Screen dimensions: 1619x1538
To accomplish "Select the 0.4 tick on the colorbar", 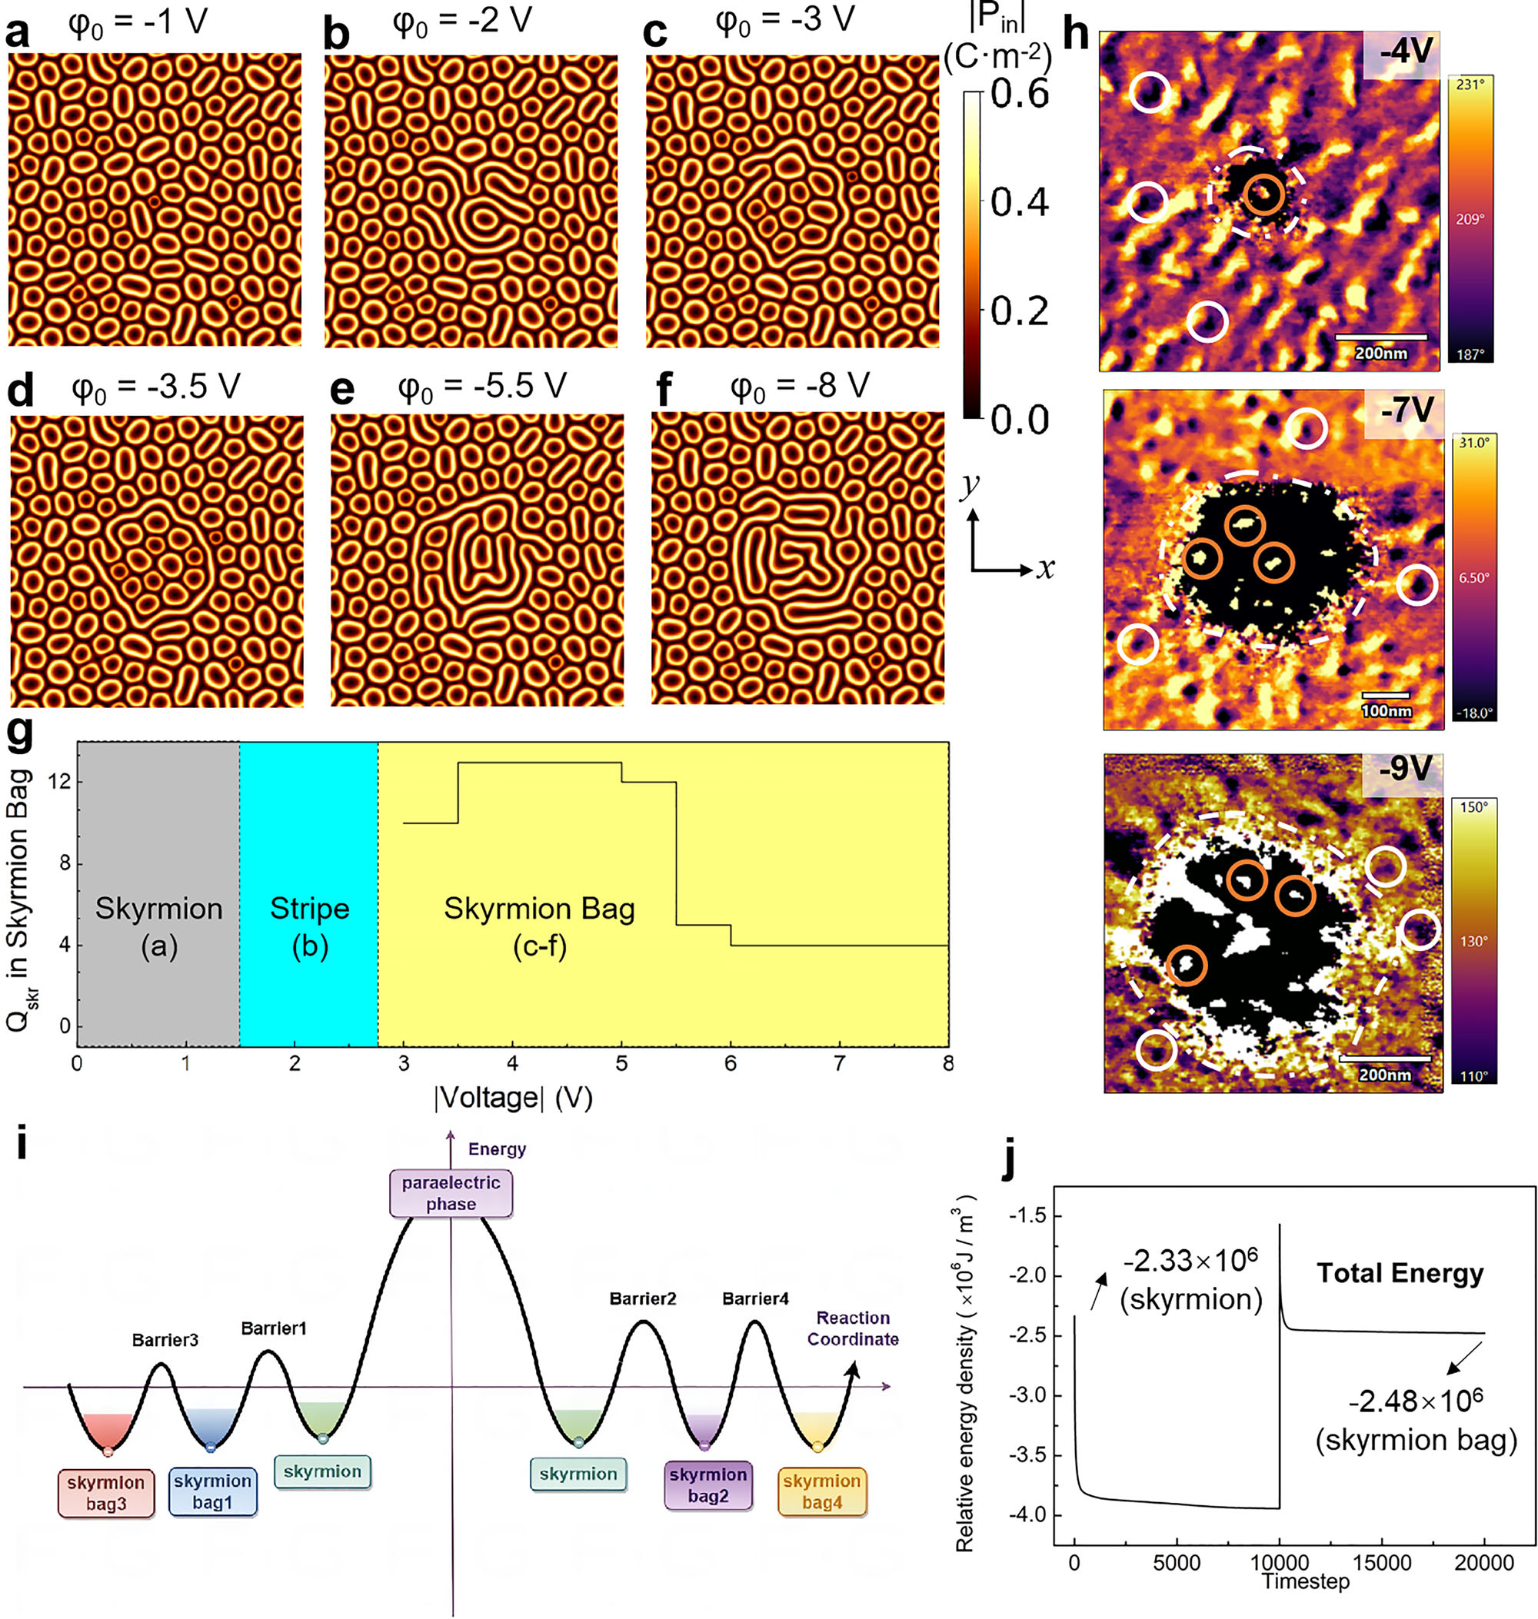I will [x=1019, y=201].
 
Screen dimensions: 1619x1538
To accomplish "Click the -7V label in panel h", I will [x=1407, y=410].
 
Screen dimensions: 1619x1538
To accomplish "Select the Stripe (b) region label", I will [x=310, y=926].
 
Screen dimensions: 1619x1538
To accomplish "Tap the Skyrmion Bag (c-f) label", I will [x=539, y=926].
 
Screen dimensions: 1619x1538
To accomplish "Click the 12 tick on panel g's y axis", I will [x=60, y=781].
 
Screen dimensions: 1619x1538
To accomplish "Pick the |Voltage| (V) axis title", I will [x=513, y=1097].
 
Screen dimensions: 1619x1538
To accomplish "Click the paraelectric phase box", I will [x=451, y=1193].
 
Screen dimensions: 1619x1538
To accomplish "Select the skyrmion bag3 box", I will [x=106, y=1493].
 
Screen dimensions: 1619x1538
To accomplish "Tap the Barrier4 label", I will [x=755, y=1298].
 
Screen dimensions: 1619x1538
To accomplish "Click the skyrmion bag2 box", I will [x=708, y=1484].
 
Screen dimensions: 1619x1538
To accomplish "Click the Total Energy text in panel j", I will [x=1400, y=1273].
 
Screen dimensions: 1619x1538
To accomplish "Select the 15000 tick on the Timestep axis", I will [x=1382, y=1562].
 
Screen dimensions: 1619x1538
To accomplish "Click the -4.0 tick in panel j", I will [x=1026, y=1515].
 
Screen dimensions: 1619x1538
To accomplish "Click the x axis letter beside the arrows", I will [x=1044, y=568].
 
